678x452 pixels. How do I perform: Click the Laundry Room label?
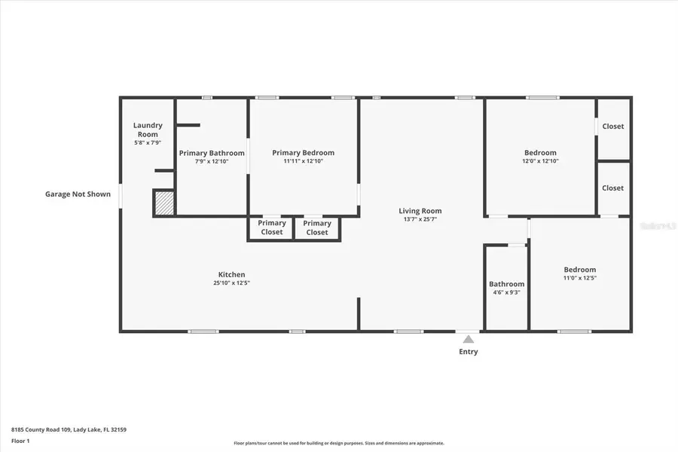[x=148, y=130]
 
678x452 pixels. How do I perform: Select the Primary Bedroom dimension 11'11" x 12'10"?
[x=303, y=161]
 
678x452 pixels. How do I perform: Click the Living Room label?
[x=420, y=211]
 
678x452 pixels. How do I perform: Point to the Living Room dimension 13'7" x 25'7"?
[x=420, y=219]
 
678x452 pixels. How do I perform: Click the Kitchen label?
[x=231, y=274]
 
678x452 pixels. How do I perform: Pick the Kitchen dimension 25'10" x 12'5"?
[x=231, y=283]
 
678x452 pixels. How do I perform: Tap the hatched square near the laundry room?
[x=164, y=203]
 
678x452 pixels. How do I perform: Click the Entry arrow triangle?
[x=468, y=340]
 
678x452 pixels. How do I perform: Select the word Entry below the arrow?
[x=468, y=352]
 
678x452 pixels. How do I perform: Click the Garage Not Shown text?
[x=78, y=194]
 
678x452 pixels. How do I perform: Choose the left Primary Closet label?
[x=272, y=228]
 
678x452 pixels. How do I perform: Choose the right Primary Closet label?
[x=317, y=228]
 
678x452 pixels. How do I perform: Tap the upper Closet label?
[x=613, y=127]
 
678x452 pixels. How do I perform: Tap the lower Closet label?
[x=613, y=188]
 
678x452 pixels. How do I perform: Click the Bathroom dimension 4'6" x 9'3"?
[x=506, y=292]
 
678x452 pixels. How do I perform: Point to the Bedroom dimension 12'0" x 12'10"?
[x=540, y=161]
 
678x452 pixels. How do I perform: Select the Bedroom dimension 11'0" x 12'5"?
[x=580, y=279]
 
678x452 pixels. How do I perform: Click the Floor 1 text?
[x=20, y=440]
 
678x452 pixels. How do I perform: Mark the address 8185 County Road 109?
[x=41, y=429]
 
